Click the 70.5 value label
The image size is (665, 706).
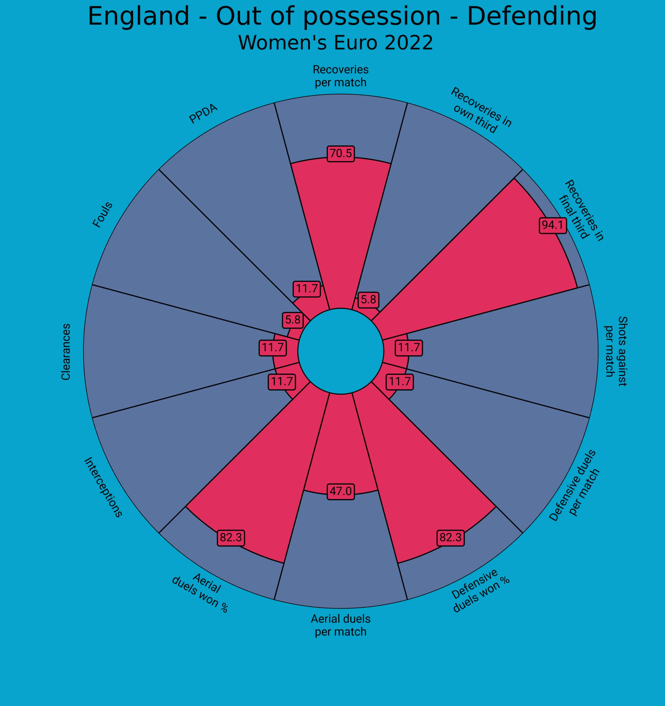[340, 153]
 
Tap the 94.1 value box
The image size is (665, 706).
[553, 225]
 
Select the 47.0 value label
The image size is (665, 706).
[340, 491]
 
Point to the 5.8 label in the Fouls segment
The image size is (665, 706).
[293, 320]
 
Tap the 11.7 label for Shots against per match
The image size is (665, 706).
[409, 347]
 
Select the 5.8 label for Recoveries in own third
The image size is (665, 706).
[368, 300]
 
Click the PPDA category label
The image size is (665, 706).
[203, 114]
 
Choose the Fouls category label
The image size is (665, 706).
[102, 215]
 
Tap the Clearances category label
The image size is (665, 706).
[66, 352]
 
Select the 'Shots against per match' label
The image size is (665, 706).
[616, 351]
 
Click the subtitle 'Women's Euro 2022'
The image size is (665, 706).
[335, 43]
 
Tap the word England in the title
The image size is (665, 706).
[139, 16]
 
